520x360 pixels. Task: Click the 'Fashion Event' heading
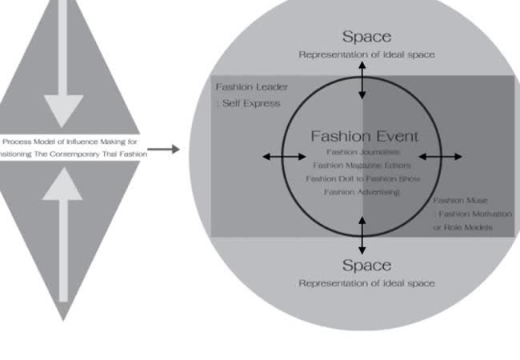(x=363, y=136)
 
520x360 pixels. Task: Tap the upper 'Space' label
(x=366, y=37)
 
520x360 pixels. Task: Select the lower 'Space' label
(x=366, y=265)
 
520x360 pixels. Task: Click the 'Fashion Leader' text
(x=251, y=86)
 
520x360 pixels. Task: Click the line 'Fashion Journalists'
(x=363, y=151)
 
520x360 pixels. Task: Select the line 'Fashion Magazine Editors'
(x=363, y=165)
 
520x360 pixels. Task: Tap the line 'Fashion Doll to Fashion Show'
(x=363, y=178)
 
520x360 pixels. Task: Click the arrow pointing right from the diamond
(x=164, y=149)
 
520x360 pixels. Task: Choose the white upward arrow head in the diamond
(x=63, y=186)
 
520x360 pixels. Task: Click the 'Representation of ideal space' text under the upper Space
(x=366, y=55)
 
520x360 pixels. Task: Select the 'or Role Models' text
(x=462, y=228)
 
